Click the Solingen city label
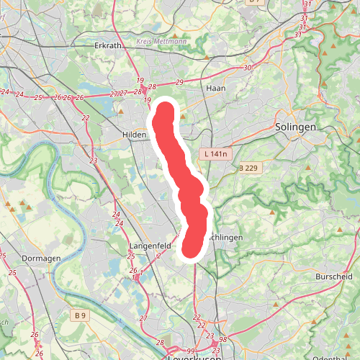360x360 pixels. [295, 127]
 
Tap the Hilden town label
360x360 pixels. [135, 135]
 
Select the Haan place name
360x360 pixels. [215, 87]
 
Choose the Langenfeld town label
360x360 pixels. [149, 246]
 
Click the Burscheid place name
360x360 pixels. [334, 276]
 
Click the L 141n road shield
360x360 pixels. [215, 154]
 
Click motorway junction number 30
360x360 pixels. [248, 68]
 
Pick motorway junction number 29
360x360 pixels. [179, 82]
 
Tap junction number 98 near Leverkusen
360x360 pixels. [223, 339]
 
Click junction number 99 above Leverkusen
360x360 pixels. [190, 349]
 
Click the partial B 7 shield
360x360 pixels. [254, 2]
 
